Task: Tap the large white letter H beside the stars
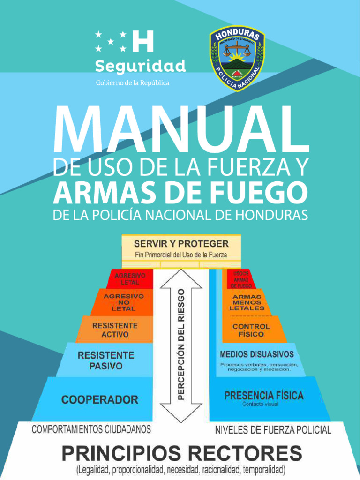pos(143,41)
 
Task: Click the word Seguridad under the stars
pos(141,66)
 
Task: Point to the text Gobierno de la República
pos(133,83)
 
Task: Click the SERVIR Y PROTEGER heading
pos(181,244)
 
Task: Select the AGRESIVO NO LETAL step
pos(124,302)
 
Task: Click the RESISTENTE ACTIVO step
pos(115,330)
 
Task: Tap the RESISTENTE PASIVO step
pos(105,360)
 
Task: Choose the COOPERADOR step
pos(100,400)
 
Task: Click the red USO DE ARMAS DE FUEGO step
pos(241,279)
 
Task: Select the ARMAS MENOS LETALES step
pos(247,303)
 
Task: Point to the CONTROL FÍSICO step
pos(251,330)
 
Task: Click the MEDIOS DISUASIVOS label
pos(257,354)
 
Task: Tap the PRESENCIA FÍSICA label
pos(264,396)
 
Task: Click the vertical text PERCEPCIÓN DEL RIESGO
pos(181,345)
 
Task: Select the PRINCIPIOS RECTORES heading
pos(182,454)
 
